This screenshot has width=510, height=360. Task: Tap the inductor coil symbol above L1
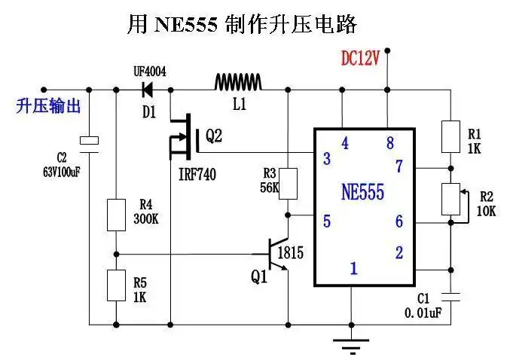coord(238,81)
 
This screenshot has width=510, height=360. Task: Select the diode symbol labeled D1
coord(148,89)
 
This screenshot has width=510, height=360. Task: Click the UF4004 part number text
coord(149,72)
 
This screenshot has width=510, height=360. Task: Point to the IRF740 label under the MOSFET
coord(197,175)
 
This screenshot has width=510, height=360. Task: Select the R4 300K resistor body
coord(115,215)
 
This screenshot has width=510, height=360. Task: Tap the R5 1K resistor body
coord(115,284)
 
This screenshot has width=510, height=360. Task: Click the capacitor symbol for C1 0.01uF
coord(450,291)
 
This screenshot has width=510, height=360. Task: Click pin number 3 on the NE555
coord(326,159)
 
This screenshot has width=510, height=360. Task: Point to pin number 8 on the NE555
coord(389,142)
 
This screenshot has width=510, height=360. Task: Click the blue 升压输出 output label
coord(47,105)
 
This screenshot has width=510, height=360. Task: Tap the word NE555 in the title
coord(185,24)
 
